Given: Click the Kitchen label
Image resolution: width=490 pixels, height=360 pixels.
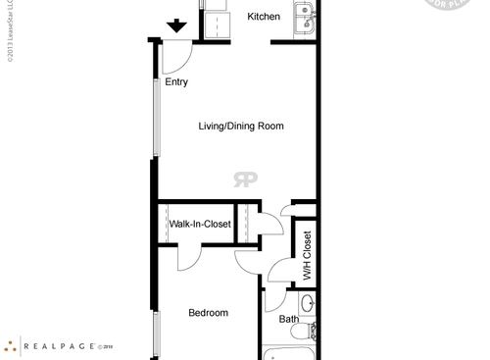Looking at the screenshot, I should [264, 17].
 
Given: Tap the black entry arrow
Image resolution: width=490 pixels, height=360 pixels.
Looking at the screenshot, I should [177, 26].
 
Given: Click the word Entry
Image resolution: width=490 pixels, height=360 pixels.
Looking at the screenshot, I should [176, 82].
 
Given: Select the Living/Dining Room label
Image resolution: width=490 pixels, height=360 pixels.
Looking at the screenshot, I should [241, 127].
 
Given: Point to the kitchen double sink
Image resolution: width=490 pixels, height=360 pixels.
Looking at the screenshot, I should [304, 17].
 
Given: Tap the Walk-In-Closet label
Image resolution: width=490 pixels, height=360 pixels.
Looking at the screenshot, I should [200, 225].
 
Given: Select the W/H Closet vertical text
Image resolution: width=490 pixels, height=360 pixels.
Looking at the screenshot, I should [307, 255].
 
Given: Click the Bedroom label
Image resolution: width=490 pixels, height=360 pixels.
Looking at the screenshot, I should [208, 313].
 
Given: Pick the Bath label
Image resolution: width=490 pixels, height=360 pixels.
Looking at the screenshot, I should [289, 319].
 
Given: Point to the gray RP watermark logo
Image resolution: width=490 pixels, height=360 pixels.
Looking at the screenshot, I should [244, 179].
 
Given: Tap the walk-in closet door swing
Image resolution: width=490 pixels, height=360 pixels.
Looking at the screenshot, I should [196, 257].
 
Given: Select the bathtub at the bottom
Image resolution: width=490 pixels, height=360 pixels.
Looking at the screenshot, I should [290, 354].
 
